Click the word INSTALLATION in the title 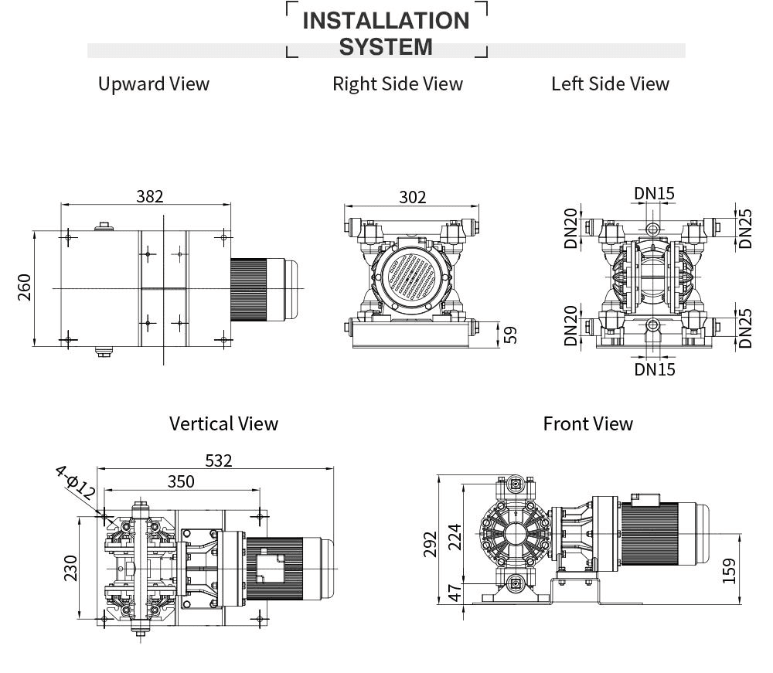(386, 20)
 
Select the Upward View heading (154, 83)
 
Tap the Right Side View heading (397, 83)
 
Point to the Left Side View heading (610, 83)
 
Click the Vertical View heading (223, 423)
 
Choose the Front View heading (587, 423)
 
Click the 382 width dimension (150, 196)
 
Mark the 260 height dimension (25, 287)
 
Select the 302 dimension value (412, 197)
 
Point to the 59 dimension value (510, 335)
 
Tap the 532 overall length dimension (218, 461)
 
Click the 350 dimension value (181, 481)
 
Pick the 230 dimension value (71, 568)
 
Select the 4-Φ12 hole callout (76, 484)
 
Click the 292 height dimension (431, 543)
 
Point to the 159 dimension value (728, 571)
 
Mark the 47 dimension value (455, 593)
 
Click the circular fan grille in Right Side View (410, 278)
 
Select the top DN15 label (655, 192)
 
